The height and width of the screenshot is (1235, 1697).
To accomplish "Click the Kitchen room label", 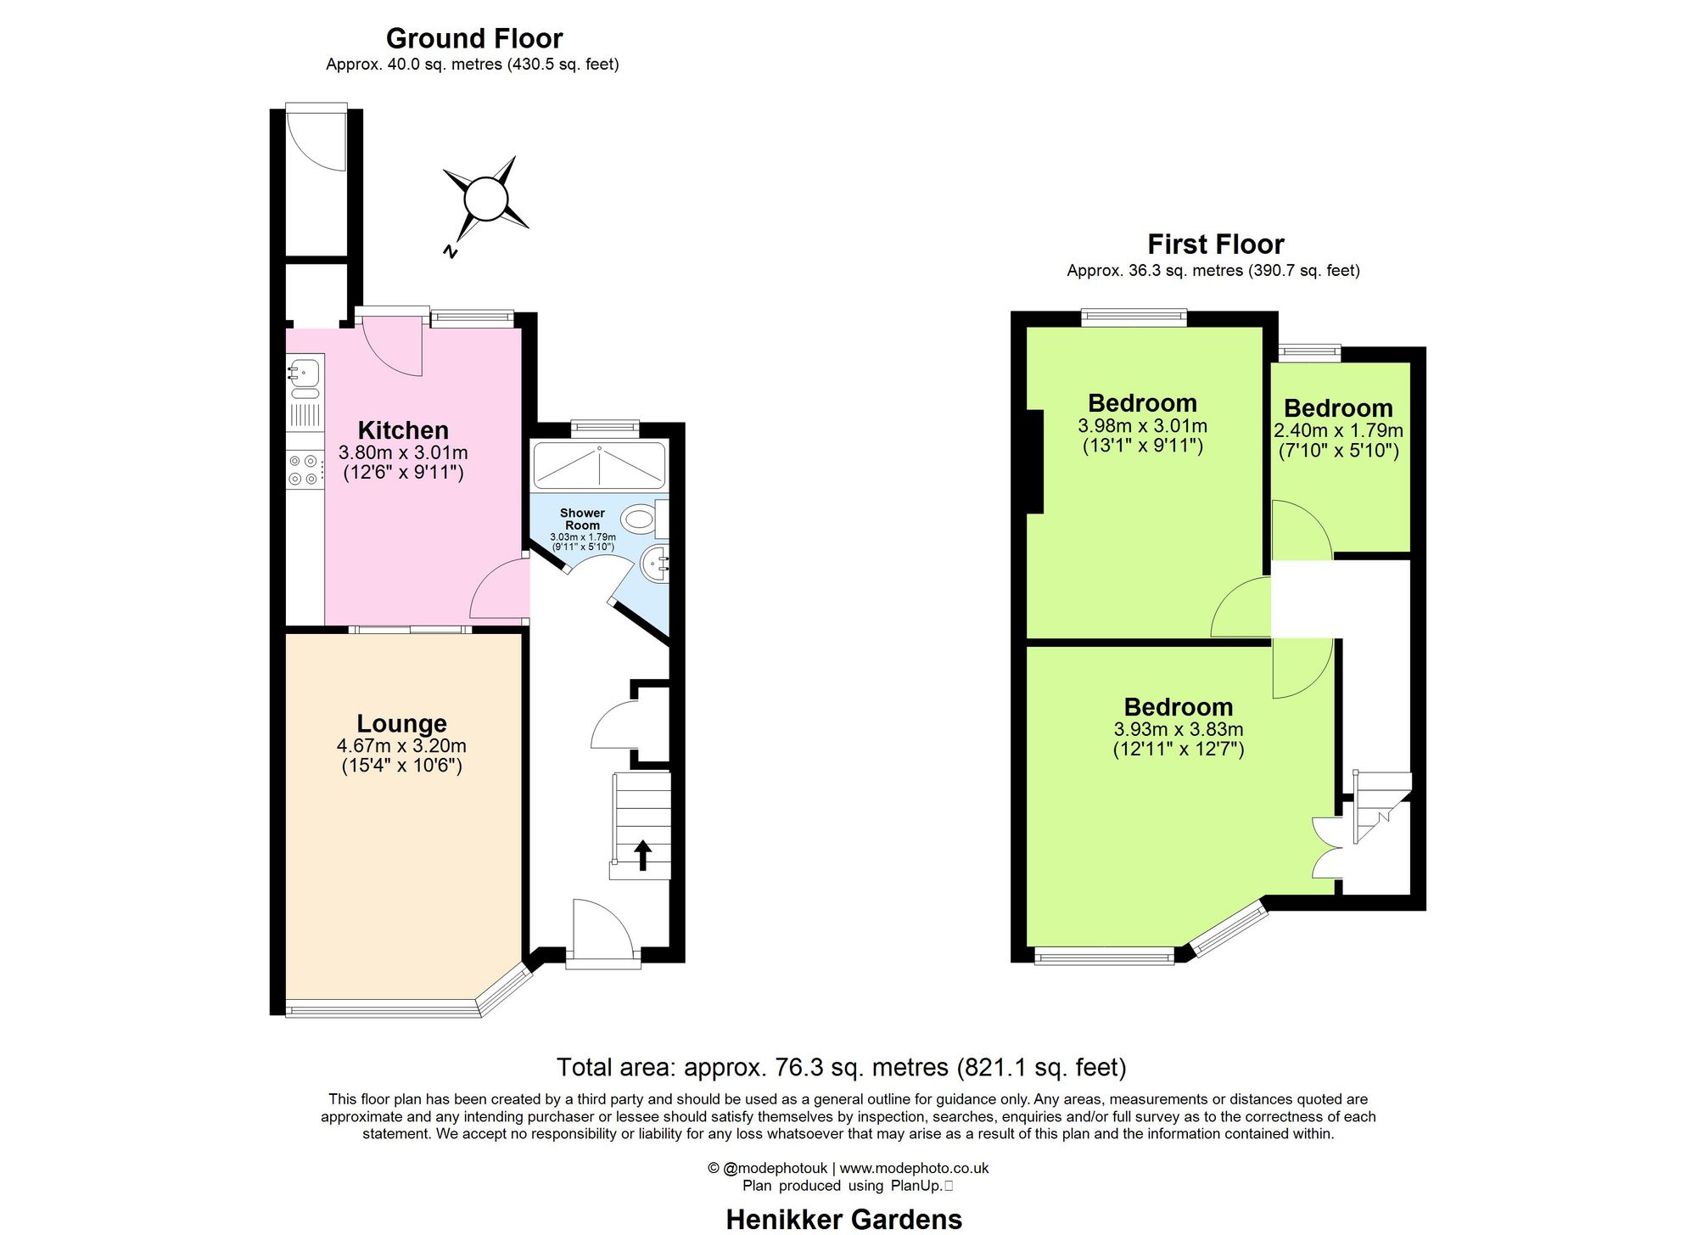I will click(x=403, y=430).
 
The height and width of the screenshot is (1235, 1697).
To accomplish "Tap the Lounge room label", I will click(x=401, y=723).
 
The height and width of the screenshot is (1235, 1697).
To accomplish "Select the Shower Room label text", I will click(x=582, y=519).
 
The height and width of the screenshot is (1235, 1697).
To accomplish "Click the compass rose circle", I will click(x=485, y=199).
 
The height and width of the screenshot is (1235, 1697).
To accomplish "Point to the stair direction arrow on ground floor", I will click(x=642, y=855).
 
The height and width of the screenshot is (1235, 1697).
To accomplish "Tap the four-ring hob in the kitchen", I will click(x=304, y=470).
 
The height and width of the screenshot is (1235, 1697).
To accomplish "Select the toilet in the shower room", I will click(x=641, y=517).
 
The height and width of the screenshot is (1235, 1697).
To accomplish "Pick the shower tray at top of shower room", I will click(x=599, y=465).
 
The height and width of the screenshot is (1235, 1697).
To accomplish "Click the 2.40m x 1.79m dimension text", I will click(x=1338, y=431).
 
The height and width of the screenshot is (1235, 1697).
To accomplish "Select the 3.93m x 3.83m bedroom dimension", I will click(x=1178, y=729).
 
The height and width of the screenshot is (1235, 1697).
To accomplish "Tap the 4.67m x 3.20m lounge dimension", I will click(x=401, y=746).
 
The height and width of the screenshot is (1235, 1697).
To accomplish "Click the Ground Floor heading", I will click(x=473, y=38).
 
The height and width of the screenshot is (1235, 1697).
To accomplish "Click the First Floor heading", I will click(x=1215, y=244).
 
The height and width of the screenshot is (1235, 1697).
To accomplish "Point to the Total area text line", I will click(x=841, y=1067).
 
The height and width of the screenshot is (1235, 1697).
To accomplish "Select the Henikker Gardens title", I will click(x=843, y=1220).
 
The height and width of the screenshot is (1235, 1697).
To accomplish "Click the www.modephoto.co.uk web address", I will click(x=914, y=1168).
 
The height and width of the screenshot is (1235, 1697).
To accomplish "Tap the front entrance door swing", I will click(x=601, y=929).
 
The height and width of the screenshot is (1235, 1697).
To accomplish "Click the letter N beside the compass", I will click(x=451, y=251).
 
